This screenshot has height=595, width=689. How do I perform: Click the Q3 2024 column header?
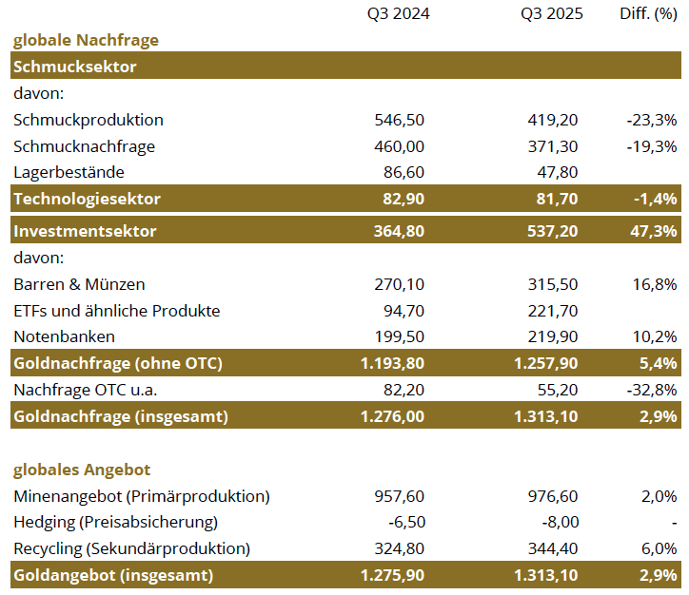click(x=399, y=14)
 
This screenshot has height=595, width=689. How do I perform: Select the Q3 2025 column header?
click(x=552, y=14)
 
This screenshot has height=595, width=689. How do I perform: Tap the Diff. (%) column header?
click(x=648, y=14)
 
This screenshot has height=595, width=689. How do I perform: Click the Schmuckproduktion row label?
click(x=89, y=120)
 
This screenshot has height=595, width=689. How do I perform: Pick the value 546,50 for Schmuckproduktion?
click(x=401, y=120)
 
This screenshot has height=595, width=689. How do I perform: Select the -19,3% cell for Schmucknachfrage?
click(x=652, y=146)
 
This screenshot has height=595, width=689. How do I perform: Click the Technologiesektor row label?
click(x=87, y=199)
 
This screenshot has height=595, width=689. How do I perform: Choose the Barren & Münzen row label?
click(x=79, y=284)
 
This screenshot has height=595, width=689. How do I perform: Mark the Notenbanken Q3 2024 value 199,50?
click(x=401, y=336)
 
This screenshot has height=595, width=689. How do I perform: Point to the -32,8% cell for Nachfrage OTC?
click(x=652, y=390)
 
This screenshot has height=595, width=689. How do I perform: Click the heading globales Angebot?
click(x=81, y=470)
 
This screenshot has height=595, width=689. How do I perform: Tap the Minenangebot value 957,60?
click(x=401, y=496)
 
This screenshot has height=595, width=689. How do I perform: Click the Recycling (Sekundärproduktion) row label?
click(x=131, y=548)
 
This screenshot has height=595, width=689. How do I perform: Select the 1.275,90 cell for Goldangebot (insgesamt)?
click(x=392, y=575)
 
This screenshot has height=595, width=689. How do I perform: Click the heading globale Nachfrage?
click(x=85, y=40)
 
